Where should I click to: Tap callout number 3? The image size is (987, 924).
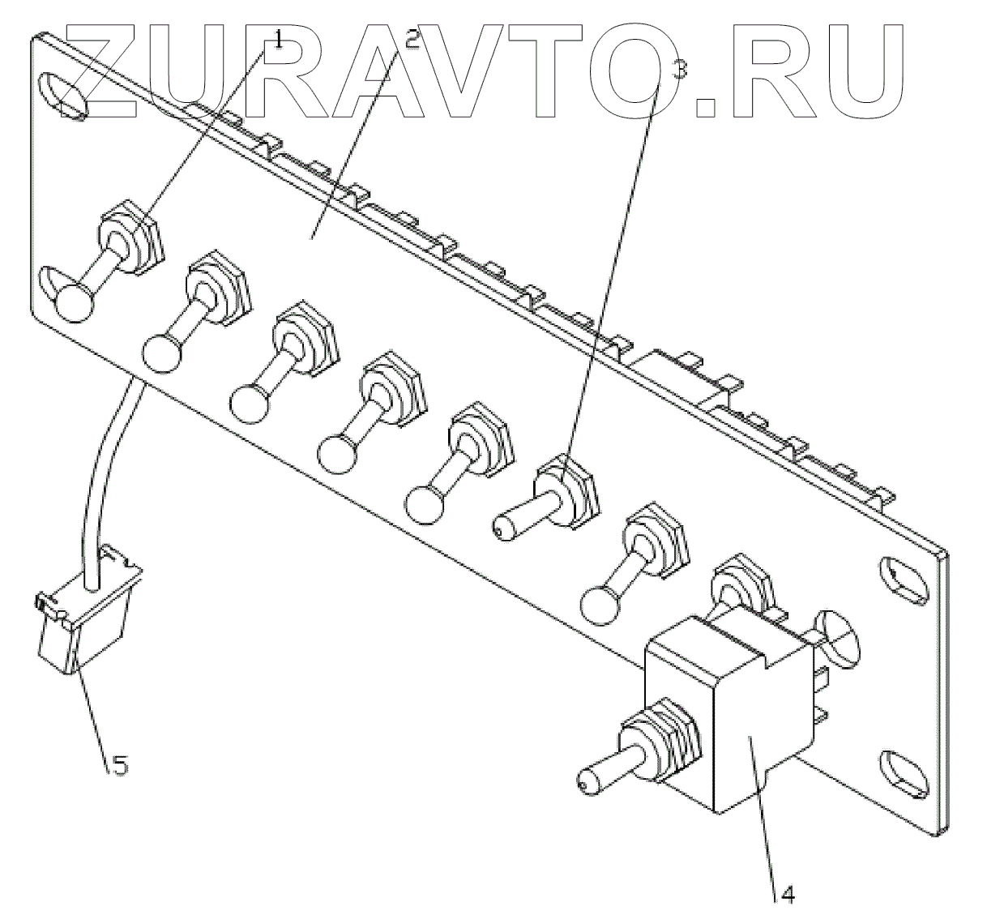pos(681,70)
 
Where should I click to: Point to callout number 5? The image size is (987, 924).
pos(119,764)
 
